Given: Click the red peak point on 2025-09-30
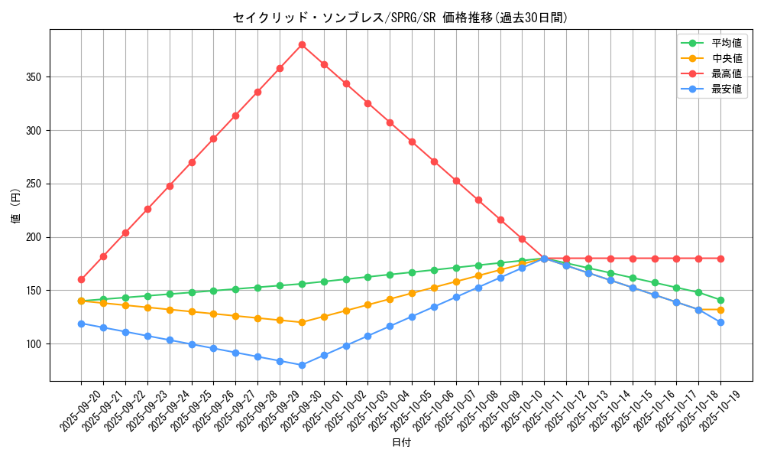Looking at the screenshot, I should (302, 45).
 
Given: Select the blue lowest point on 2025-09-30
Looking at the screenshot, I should (302, 365).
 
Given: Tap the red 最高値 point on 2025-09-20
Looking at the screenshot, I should (81, 279).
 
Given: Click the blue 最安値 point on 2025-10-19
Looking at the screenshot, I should (720, 322).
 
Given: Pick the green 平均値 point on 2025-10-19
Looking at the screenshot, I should (720, 300).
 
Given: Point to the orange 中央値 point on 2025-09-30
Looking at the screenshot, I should (302, 322).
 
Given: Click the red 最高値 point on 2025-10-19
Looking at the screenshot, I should (720, 259).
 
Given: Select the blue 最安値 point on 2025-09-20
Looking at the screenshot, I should (81, 324).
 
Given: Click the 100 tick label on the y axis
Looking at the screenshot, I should (34, 343).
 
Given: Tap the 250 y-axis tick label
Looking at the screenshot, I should (34, 184).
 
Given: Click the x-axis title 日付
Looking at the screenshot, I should (401, 443).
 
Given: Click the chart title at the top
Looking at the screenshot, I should (401, 18).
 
